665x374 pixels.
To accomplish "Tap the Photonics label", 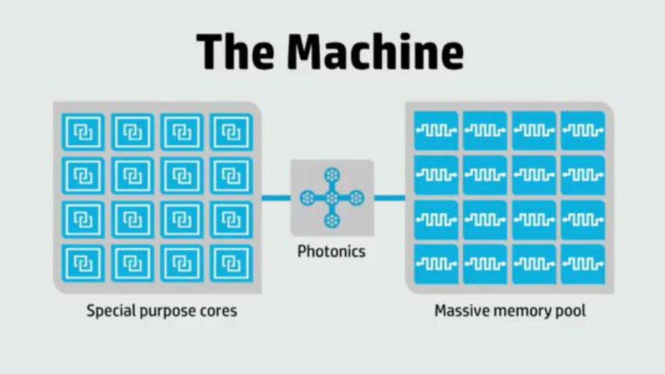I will coord(331,252).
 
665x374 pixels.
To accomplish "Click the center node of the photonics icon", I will coord(332,197).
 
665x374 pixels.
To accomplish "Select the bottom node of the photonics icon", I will coord(332,220).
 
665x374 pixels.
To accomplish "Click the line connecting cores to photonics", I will coord(276,197).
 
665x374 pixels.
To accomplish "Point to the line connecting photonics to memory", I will coord(390,197).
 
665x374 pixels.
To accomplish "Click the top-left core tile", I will coord(83,132).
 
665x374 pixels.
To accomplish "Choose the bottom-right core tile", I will coord(231,264).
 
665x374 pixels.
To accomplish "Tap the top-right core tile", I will coord(231,132).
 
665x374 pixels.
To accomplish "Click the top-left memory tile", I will coord(436,130).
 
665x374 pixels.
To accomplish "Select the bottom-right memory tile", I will coord(582,264).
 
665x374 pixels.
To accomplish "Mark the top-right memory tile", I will coord(582,130).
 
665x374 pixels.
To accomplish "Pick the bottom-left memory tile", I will coord(436,264).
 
